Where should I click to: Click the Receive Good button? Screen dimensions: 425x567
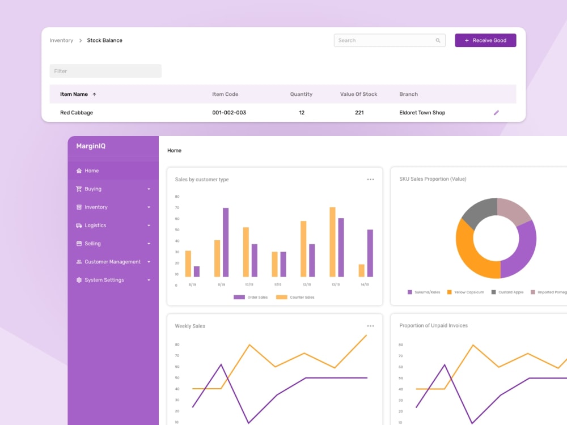tap(485, 40)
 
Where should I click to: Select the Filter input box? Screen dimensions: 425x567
tap(105, 71)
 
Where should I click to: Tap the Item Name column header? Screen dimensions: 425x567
tap(74, 94)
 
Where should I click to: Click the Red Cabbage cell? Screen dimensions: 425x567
tap(77, 113)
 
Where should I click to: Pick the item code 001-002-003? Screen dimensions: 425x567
tap(229, 113)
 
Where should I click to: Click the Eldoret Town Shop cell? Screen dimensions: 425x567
tap(422, 113)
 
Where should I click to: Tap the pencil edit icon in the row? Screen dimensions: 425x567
tap(496, 113)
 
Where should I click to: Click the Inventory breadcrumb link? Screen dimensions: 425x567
tap(61, 40)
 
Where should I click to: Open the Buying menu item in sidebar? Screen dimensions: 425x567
tap(93, 189)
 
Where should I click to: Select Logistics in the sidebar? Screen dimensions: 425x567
tap(95, 226)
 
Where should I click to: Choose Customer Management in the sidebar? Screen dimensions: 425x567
tap(112, 262)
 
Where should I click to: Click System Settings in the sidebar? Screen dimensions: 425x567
tap(104, 280)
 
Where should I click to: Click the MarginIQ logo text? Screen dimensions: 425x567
tap(91, 146)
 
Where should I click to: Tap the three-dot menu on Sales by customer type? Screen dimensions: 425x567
tap(370, 180)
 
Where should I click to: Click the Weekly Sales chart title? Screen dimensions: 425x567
tap(190, 326)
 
